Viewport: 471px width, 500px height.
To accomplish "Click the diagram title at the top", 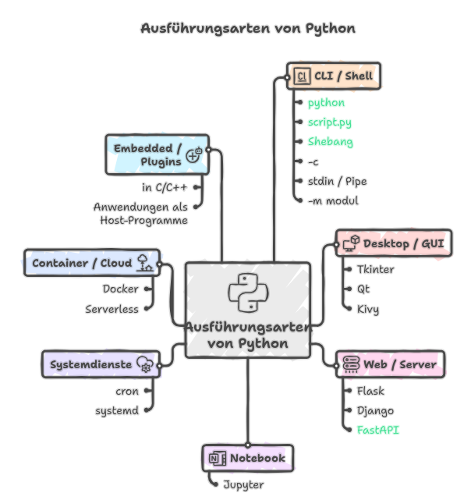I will tap(247, 29).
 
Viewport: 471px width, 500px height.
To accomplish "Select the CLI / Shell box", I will tap(333, 76).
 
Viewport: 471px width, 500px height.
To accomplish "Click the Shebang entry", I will tap(330, 142).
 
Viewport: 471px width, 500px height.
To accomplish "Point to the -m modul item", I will tap(333, 201).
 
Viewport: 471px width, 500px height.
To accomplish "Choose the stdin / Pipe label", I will tap(337, 182).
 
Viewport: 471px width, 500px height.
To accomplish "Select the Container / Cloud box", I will tap(92, 264).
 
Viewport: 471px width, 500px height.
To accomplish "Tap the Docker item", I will tap(120, 289).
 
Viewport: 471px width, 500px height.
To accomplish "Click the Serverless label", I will tap(112, 309).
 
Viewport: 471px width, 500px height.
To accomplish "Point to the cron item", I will tap(126, 391).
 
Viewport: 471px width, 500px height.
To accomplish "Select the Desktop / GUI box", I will tap(394, 244).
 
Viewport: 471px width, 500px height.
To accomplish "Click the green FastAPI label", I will tap(377, 430).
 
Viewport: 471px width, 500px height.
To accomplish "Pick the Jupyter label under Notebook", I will tap(243, 484).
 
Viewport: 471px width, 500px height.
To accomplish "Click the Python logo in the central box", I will tap(248, 293).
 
